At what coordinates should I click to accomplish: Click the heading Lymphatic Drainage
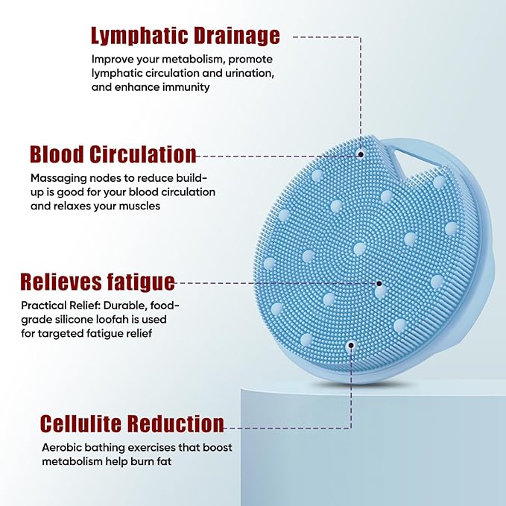click(185, 35)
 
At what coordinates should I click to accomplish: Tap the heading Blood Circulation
click(113, 154)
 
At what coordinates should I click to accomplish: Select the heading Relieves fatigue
click(98, 282)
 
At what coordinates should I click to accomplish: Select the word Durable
click(139, 305)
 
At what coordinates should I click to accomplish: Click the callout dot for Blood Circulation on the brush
click(361, 154)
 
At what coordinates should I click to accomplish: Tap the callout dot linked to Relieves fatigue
click(379, 283)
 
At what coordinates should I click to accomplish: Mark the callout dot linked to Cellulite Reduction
click(350, 345)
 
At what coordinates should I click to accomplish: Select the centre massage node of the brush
click(359, 247)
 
